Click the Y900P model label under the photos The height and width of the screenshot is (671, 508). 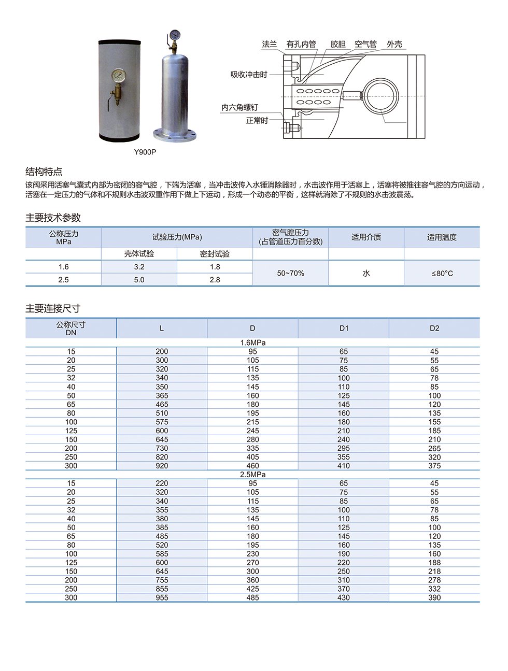point(145,152)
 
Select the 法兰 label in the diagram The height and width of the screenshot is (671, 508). point(269,45)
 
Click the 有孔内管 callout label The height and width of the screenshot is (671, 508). point(301,45)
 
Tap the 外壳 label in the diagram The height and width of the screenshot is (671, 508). point(394,45)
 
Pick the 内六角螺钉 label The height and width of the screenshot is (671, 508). point(239,107)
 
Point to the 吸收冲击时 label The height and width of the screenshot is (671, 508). point(249,75)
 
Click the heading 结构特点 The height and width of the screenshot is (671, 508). point(44,172)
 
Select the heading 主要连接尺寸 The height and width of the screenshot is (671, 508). point(53,309)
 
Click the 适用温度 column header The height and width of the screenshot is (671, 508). point(442,237)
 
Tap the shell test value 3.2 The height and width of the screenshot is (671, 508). point(139,267)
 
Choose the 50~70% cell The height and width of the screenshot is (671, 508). point(290,273)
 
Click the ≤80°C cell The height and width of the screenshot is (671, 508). point(442,273)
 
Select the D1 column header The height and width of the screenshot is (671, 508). point(344,328)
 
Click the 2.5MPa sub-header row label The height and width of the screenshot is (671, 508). point(252,475)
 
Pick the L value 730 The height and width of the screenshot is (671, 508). point(162,448)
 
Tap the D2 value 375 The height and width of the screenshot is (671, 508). point(434,466)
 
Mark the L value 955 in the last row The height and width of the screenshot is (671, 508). point(162,597)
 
